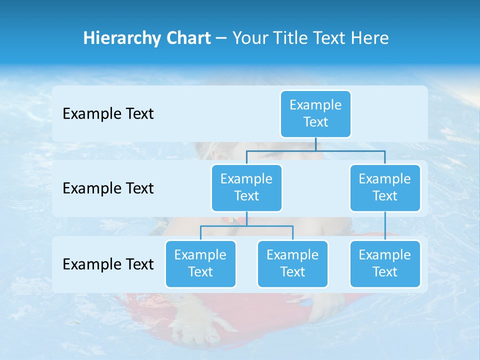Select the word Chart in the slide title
(187, 38)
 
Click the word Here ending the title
(370, 38)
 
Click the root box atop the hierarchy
(315, 114)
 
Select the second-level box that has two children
(246, 188)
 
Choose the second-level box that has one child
(385, 188)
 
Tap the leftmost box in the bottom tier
(200, 264)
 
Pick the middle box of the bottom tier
(292, 264)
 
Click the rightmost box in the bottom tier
(385, 264)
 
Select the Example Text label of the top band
(108, 114)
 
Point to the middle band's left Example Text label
(108, 188)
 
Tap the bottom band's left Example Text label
(108, 264)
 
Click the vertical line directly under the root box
(315, 144)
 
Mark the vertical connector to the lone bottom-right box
(385, 226)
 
